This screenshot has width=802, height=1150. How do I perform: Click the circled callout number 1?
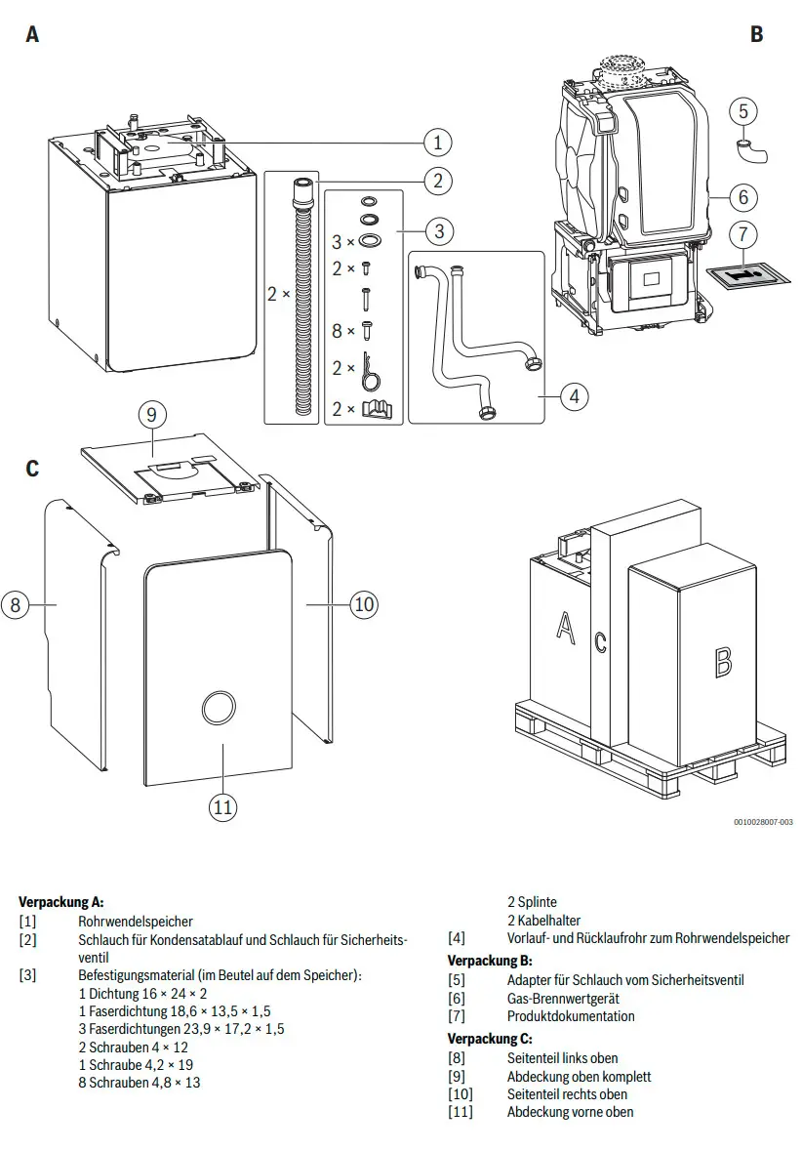pyautogui.click(x=438, y=142)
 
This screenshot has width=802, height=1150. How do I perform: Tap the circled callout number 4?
pyautogui.click(x=574, y=396)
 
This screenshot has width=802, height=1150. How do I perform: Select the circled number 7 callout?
pyautogui.click(x=743, y=234)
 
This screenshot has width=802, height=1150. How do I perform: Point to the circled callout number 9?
pyautogui.click(x=152, y=414)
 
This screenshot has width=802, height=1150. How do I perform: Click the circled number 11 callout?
pyautogui.click(x=222, y=807)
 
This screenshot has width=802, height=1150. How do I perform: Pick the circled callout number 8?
pyautogui.click(x=16, y=605)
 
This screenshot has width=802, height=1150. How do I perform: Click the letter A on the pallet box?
pyautogui.click(x=565, y=627)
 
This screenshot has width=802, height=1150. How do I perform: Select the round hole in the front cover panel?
pyautogui.click(x=219, y=708)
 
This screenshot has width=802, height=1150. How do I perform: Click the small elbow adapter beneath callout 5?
pyautogui.click(x=750, y=149)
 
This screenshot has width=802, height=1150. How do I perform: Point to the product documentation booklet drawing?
pyautogui.click(x=747, y=275)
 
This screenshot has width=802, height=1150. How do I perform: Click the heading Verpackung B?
pyautogui.click(x=490, y=960)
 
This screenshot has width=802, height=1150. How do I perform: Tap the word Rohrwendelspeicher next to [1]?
pyautogui.click(x=136, y=922)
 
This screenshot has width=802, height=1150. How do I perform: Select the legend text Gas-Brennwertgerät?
pyautogui.click(x=563, y=998)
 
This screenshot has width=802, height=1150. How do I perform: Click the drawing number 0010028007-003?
pyautogui.click(x=763, y=822)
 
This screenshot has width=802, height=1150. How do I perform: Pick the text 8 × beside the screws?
pyautogui.click(x=342, y=331)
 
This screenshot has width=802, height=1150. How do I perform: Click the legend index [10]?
pyautogui.click(x=461, y=1094)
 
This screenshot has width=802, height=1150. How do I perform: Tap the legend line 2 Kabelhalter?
pyautogui.click(x=544, y=920)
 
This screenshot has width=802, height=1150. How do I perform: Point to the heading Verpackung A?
pyautogui.click(x=60, y=902)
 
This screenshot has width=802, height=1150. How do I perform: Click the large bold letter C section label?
pyautogui.click(x=32, y=468)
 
